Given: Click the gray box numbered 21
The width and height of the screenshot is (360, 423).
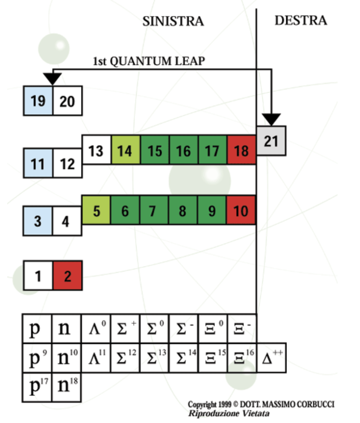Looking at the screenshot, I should (271, 141).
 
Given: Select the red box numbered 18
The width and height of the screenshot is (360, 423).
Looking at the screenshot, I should (241, 150).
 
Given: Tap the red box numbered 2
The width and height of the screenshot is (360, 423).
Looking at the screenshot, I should (67, 276).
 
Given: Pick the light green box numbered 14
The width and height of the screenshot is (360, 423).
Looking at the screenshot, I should (126, 150).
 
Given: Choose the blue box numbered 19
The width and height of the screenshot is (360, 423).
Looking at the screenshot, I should (38, 101).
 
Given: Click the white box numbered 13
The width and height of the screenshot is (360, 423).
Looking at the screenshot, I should (96, 150).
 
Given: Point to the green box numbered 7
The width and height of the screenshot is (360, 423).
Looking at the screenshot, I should (154, 210).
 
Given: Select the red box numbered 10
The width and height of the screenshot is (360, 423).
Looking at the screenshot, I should (241, 210).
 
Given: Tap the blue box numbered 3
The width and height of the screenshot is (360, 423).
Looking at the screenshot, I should (38, 221).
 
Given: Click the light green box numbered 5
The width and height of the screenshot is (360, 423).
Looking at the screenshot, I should (96, 210).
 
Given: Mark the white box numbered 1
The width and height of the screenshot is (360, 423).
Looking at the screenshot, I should (38, 276).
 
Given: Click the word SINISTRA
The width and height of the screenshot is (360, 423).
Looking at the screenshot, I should (173, 21).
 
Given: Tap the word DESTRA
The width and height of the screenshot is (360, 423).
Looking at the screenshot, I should (301, 20).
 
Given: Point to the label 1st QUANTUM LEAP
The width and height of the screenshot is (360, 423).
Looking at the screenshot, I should (149, 61).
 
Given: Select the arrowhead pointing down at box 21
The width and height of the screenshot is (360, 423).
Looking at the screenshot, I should (271, 119).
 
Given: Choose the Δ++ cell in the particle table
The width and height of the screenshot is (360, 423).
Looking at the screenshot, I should (271, 358).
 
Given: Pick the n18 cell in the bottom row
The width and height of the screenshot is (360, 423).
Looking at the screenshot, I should (67, 387).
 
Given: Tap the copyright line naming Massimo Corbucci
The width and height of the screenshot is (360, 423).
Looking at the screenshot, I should (261, 405).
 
